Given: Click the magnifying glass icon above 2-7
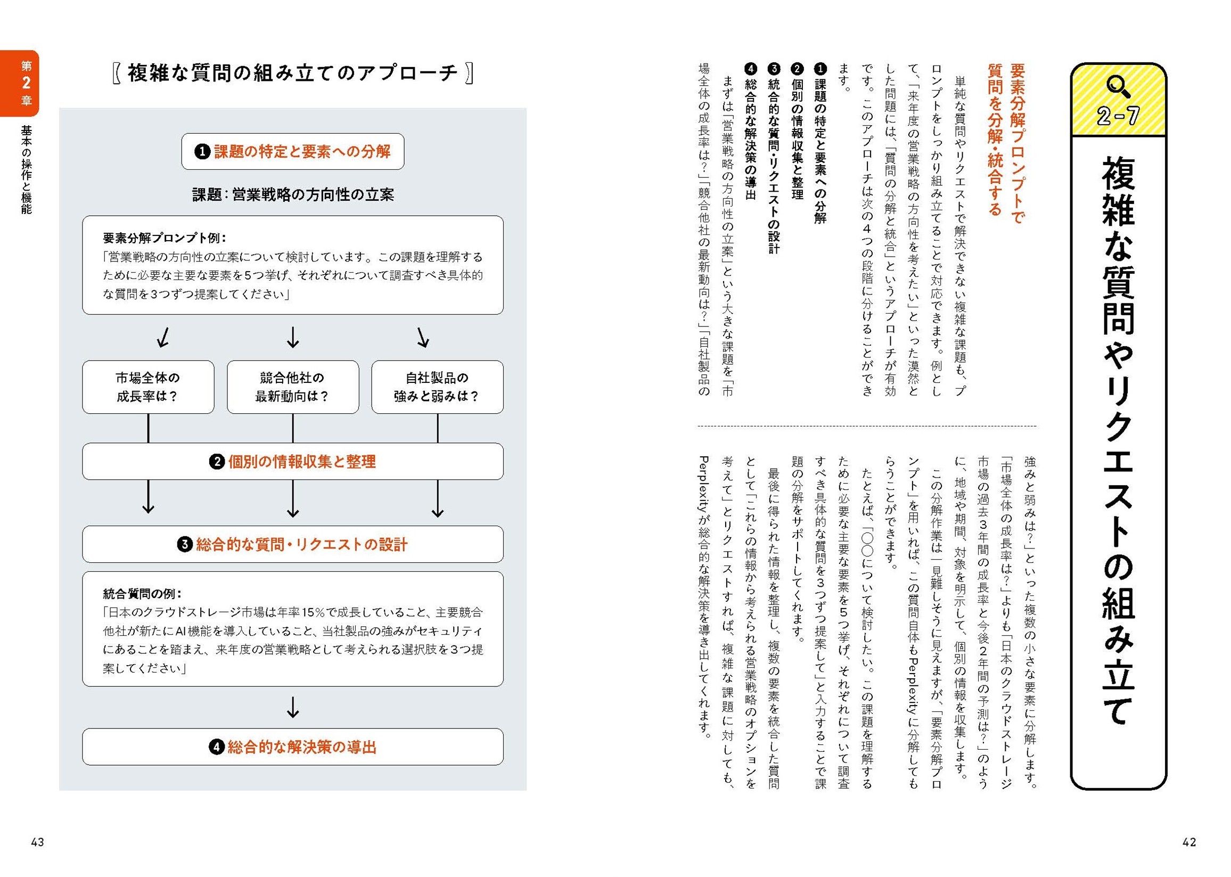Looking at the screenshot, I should click(x=1118, y=86).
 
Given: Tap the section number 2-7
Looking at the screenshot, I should click(x=1118, y=116).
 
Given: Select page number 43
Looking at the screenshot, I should click(x=37, y=842).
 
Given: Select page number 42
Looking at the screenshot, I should click(x=1189, y=842).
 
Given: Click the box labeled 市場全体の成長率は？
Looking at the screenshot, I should click(x=148, y=387).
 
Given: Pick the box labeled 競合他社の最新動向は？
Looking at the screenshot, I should click(x=293, y=387).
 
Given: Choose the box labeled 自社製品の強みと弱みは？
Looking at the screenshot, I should click(x=437, y=387).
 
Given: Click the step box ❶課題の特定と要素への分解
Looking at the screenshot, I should click(x=293, y=152).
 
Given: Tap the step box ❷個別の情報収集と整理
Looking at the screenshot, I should click(x=293, y=462).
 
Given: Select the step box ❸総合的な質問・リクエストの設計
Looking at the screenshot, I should click(x=293, y=544).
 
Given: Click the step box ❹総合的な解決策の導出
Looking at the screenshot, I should click(x=293, y=747).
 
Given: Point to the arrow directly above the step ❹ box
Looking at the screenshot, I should click(x=293, y=707).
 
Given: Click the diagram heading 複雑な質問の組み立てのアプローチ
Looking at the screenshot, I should click(x=293, y=73).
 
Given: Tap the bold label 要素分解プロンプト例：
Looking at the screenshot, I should click(x=165, y=238).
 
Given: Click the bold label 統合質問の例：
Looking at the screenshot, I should click(x=142, y=594).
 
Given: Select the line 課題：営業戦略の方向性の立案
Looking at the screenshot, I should click(x=293, y=195).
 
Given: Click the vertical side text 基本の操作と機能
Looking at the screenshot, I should click(x=26, y=169).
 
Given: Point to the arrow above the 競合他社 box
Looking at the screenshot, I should click(x=293, y=338).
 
